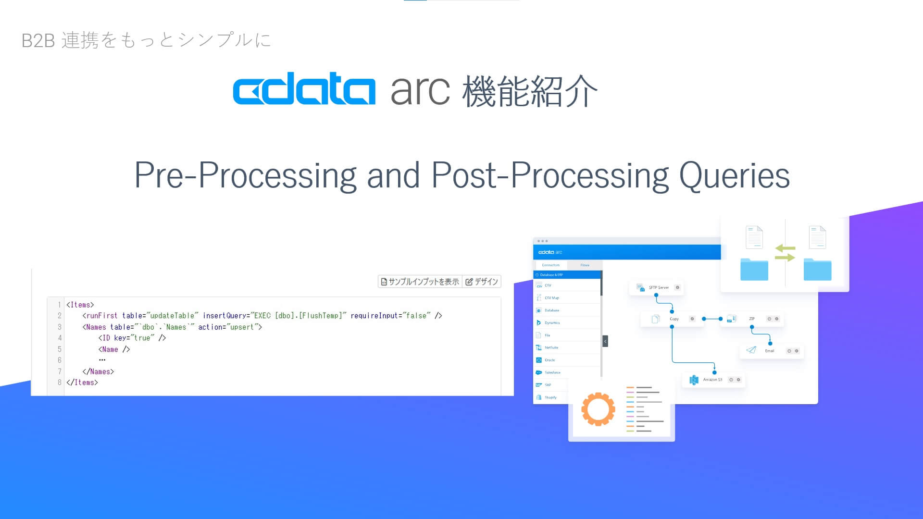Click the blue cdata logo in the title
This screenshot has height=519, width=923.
304,89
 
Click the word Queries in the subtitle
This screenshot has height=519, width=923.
734,175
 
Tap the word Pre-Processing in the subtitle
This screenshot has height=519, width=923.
245,175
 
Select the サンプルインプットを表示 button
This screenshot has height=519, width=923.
420,282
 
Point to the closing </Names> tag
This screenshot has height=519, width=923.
98,371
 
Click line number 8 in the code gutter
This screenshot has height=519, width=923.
59,383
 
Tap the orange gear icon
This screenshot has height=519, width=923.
598,409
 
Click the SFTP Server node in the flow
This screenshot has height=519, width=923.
657,287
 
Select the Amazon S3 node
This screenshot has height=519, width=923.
712,380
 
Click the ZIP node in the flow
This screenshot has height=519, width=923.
750,319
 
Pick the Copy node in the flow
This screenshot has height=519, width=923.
673,319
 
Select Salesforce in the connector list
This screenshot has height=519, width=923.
552,372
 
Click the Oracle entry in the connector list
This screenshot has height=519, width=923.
549,360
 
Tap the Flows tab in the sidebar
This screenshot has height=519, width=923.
585,265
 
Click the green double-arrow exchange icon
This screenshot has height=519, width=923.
785,253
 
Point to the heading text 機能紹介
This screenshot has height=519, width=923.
530,91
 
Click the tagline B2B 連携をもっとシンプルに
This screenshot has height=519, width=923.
147,40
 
